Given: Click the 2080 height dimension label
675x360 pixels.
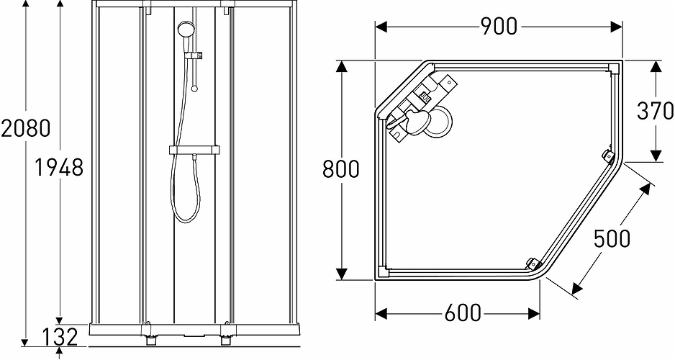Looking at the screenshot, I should click(26, 128).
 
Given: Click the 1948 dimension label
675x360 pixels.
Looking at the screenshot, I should click(60, 168).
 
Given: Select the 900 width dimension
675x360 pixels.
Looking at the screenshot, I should click(499, 27).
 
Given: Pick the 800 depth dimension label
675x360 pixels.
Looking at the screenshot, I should click(340, 170).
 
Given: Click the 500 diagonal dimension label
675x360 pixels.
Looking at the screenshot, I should click(612, 237).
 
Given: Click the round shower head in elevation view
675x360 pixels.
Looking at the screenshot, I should click(186, 30).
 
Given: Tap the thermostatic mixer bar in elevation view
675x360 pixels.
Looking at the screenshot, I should click(196, 150).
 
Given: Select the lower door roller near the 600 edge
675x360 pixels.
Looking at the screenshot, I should click(532, 263).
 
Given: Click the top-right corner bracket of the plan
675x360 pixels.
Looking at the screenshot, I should click(614, 69).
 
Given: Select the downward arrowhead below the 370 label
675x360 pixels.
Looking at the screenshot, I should click(656, 156).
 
